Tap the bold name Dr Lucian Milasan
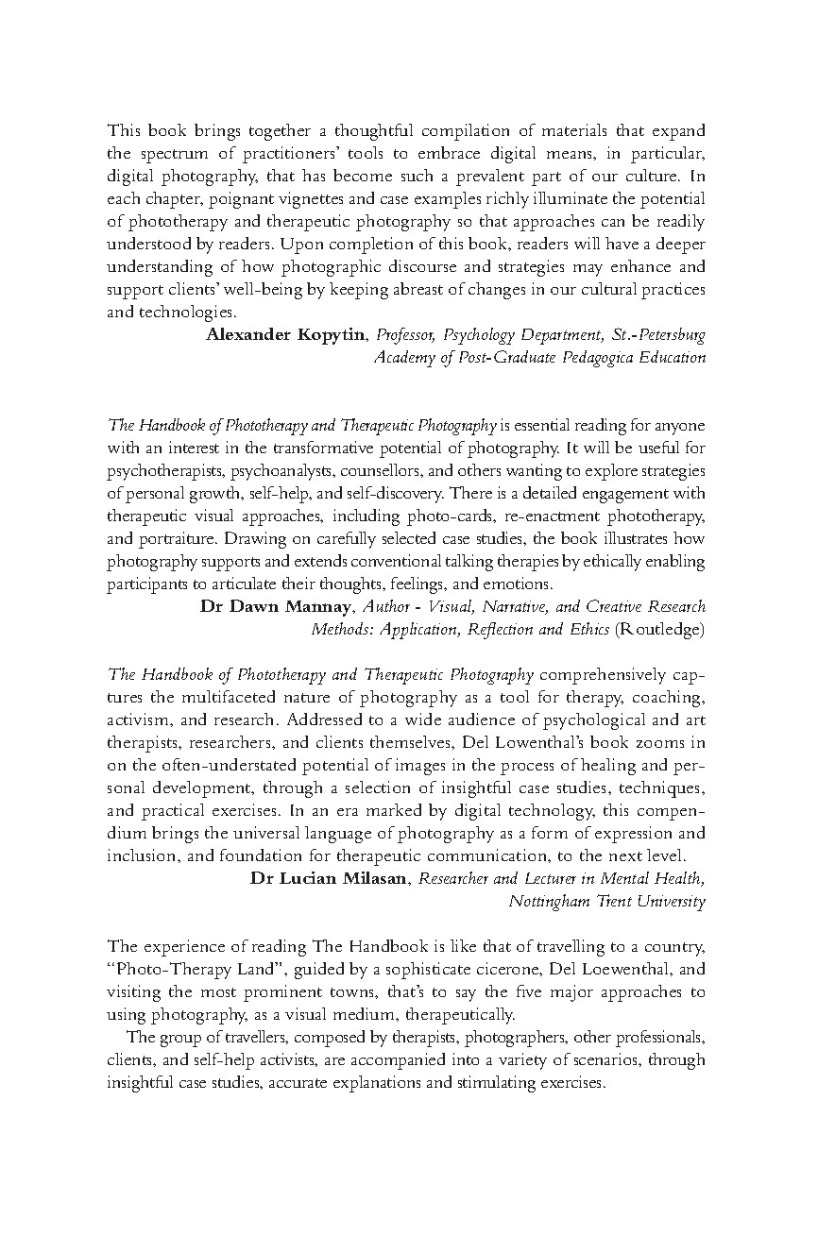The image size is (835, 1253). tap(331, 878)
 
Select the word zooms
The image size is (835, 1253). tap(655, 742)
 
